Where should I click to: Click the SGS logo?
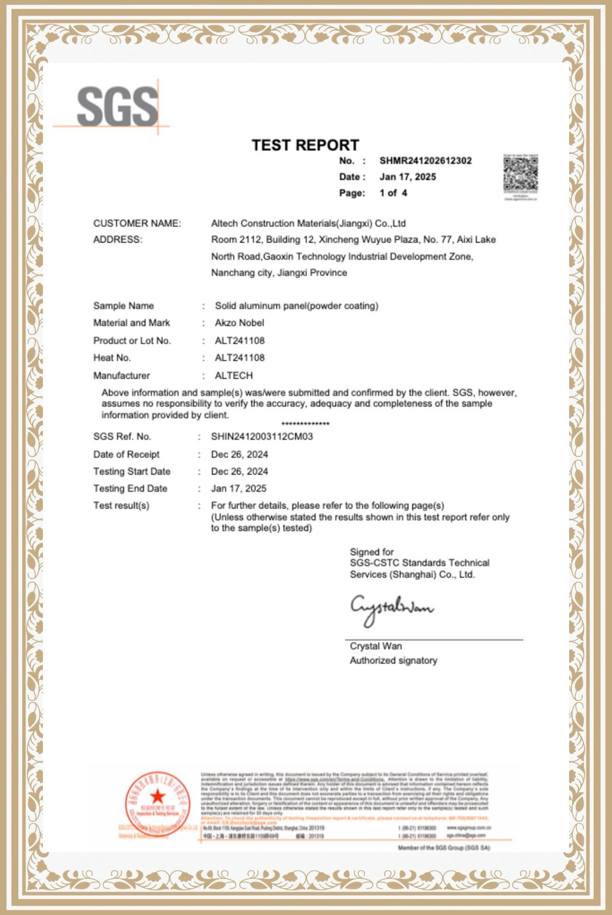coord(117,107)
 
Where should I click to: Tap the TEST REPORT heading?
coord(305,145)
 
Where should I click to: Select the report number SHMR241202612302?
coord(425,161)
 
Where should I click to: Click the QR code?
coord(520,174)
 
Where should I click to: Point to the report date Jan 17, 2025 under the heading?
coord(407,177)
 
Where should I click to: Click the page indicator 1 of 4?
coord(393,193)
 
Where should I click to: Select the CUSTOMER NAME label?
coord(137,224)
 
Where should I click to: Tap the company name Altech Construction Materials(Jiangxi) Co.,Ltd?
coord(308,224)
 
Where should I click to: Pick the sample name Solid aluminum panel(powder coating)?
coord(296,306)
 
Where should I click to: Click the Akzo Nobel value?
coord(239,323)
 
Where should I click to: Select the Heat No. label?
coord(112,358)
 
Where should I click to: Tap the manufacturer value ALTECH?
coord(233,376)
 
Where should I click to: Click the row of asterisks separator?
coord(305,424)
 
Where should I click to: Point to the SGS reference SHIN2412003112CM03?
coord(262,437)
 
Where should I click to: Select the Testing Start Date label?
coord(132,472)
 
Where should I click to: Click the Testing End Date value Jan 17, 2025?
coord(239,488)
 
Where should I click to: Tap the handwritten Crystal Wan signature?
coord(391,609)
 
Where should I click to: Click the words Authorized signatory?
coord(393,661)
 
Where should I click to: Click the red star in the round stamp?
coord(157,797)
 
